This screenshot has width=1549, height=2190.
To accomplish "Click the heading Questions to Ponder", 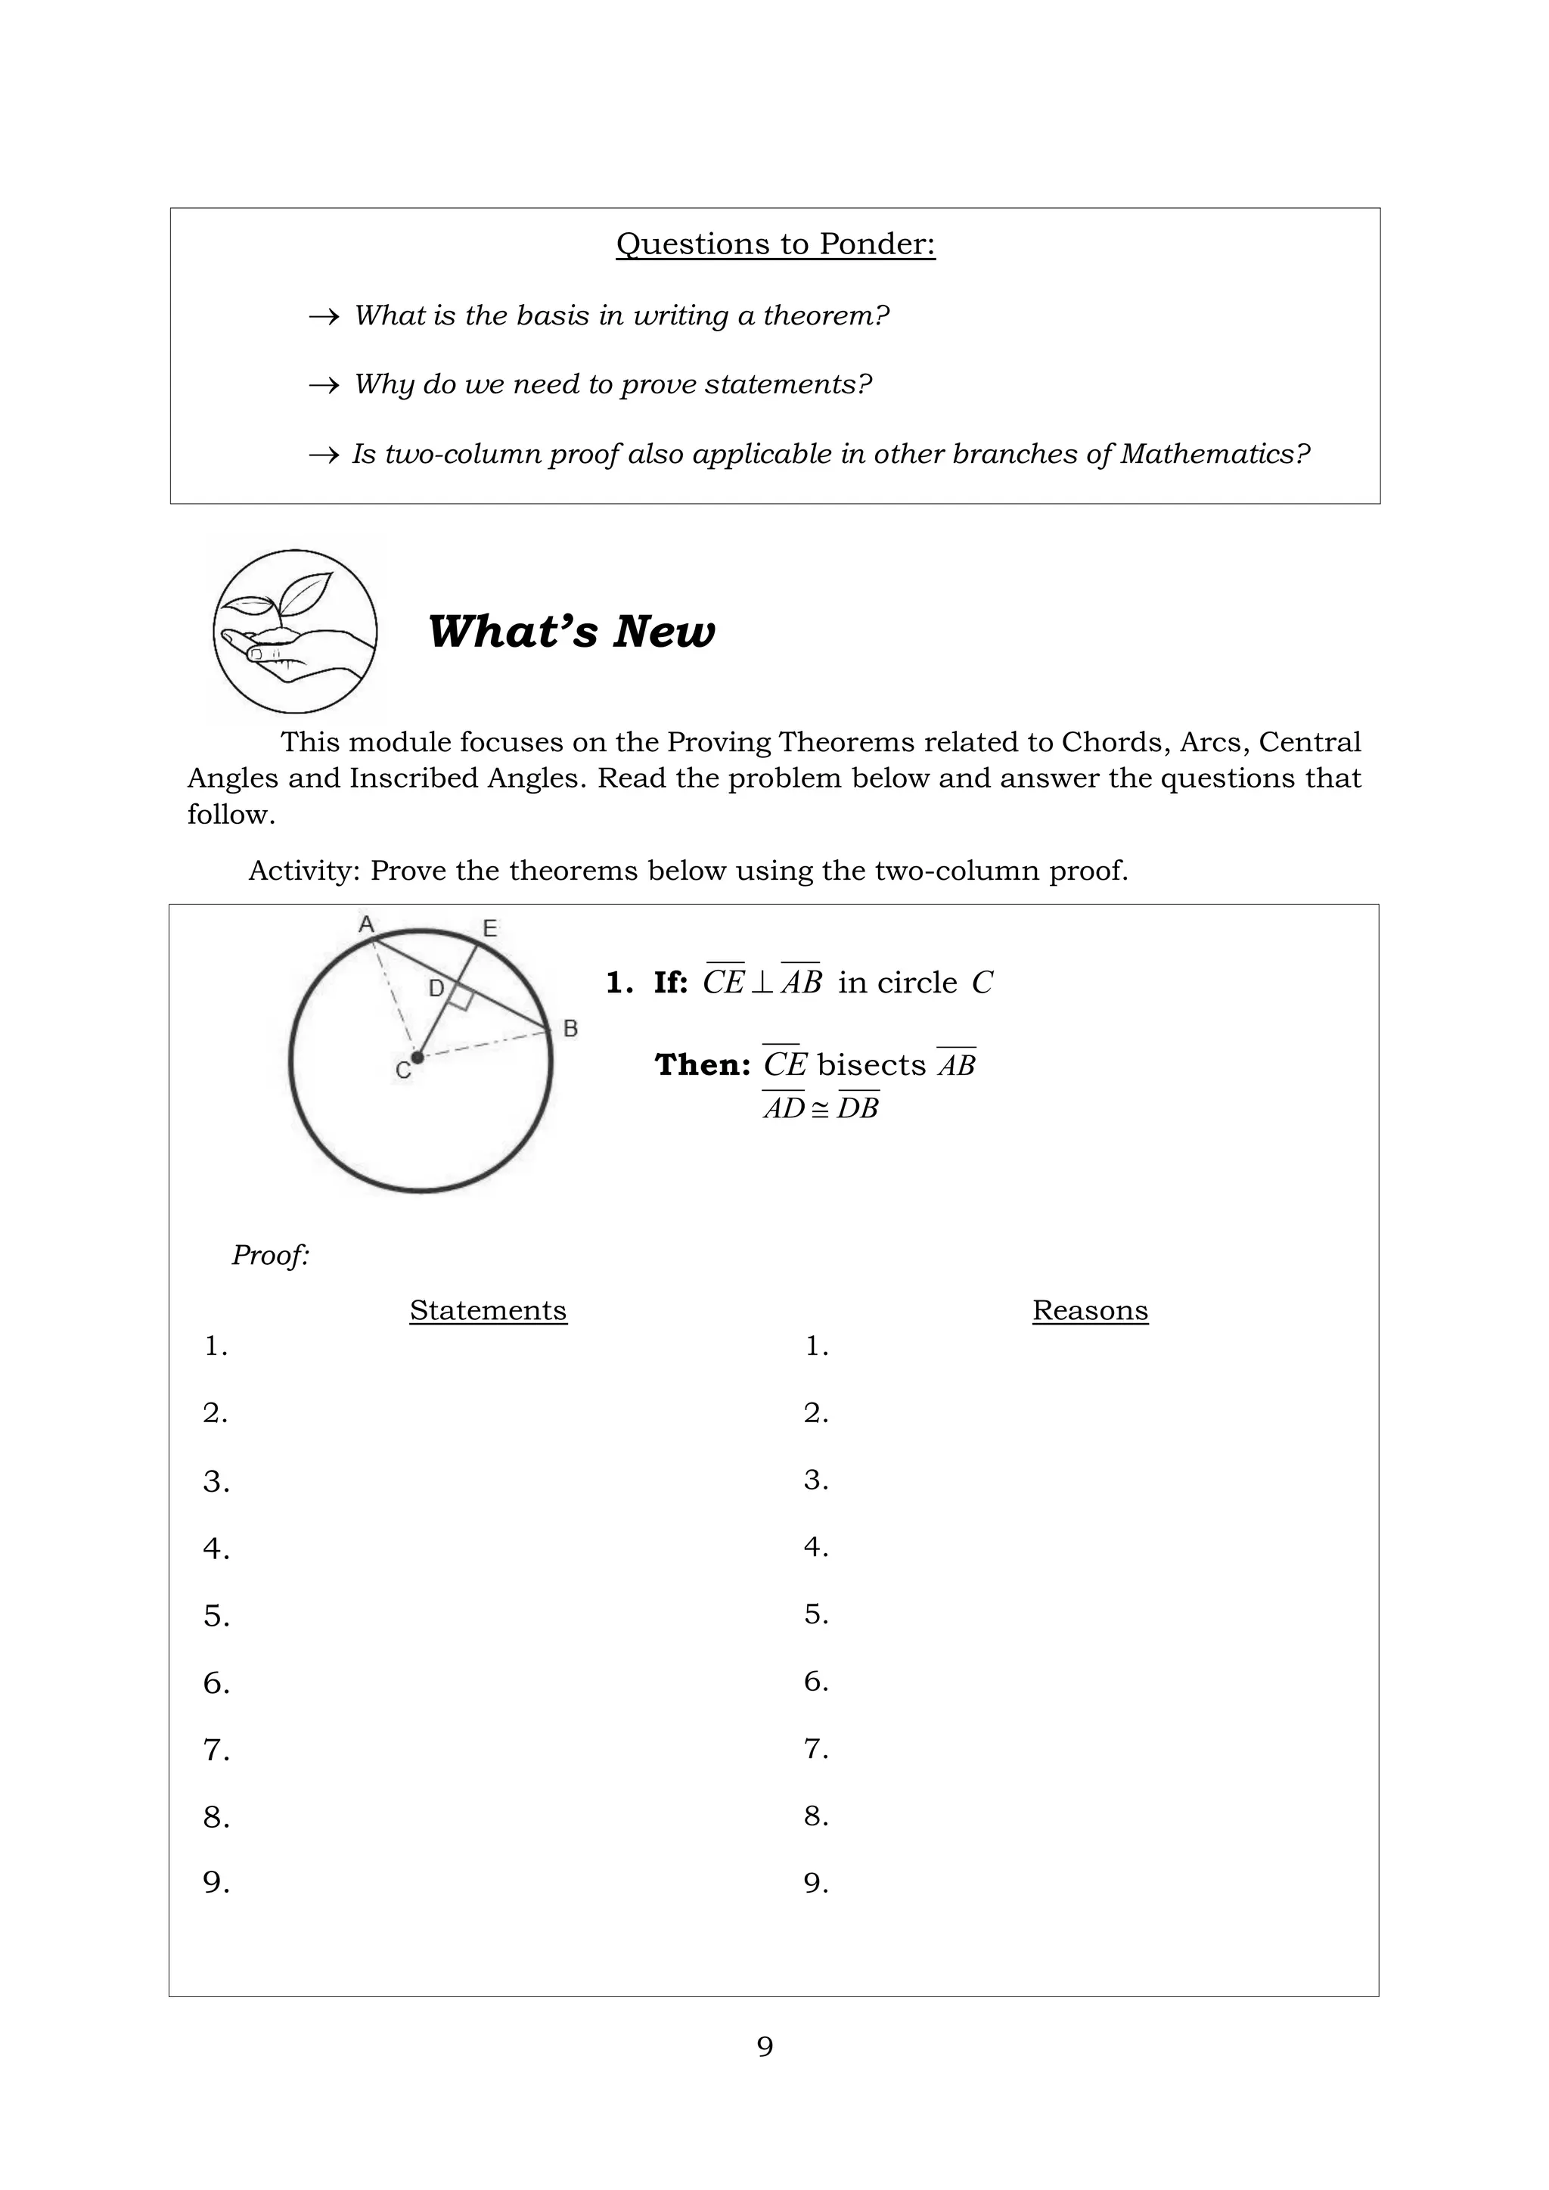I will (x=775, y=244).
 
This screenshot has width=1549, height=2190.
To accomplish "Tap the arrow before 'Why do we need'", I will (x=324, y=385).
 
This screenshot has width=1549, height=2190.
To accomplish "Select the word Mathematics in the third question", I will (x=1214, y=454).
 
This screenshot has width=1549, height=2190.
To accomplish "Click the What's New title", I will (x=570, y=632).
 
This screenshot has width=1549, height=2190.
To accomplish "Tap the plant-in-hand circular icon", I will (x=295, y=632).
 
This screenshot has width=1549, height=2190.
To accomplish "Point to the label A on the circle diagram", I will (x=365, y=924).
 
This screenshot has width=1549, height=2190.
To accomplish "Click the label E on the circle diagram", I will (x=489, y=928).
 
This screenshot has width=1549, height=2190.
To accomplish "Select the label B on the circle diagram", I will (x=570, y=1028).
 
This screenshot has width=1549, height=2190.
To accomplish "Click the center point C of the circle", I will (x=417, y=1057).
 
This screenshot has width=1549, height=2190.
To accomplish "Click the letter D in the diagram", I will (x=436, y=988).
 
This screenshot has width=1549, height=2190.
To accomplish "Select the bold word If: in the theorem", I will (x=671, y=983).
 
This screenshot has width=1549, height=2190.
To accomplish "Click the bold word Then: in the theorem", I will (x=703, y=1064).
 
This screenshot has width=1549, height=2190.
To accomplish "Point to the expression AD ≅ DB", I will (x=821, y=1108).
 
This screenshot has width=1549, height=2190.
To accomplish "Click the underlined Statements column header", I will (x=489, y=1309).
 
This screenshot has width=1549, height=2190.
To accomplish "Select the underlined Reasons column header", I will (x=1089, y=1309).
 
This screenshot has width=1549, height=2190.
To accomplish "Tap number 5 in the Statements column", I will (x=216, y=1616).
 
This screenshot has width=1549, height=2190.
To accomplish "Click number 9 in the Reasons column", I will (x=815, y=1883).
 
